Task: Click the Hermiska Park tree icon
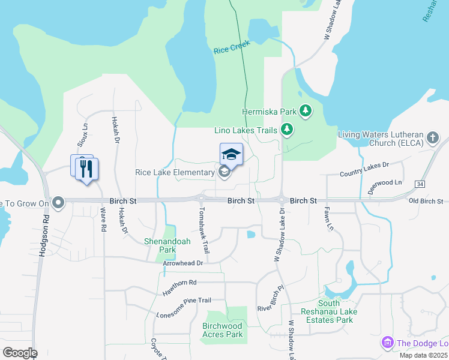[306, 111]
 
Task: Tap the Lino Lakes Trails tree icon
[287, 130]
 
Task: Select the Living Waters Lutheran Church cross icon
[432, 139]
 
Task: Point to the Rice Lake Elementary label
[175, 173]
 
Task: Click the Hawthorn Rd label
[179, 287]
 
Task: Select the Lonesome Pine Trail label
[184, 308]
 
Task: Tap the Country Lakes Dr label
[364, 169]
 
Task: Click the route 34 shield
[421, 182]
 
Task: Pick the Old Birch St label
[426, 201]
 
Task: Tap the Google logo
[20, 353]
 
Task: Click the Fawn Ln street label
[328, 218]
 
